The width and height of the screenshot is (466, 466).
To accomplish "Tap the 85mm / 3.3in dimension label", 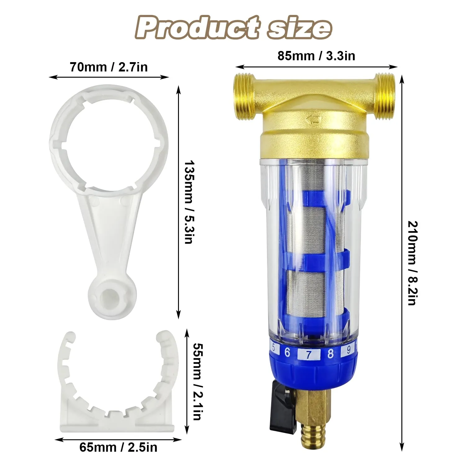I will coord(316,56).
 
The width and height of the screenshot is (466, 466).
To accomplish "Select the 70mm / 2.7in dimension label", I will coord(108,67).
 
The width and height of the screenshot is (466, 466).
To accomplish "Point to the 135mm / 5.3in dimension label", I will coord(189,202).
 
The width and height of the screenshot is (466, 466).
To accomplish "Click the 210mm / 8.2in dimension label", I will coord(413,263).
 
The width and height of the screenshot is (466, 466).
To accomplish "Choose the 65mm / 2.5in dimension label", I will coord(118,447).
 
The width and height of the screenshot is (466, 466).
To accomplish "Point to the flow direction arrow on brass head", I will coord(313,120).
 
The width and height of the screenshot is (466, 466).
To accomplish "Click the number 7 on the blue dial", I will coord(308,354).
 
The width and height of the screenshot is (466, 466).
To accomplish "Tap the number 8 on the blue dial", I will coord(330,354).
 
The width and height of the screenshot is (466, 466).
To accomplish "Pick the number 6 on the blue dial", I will coord(287,352).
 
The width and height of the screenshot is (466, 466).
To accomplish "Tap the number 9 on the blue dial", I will coord(349,350).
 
